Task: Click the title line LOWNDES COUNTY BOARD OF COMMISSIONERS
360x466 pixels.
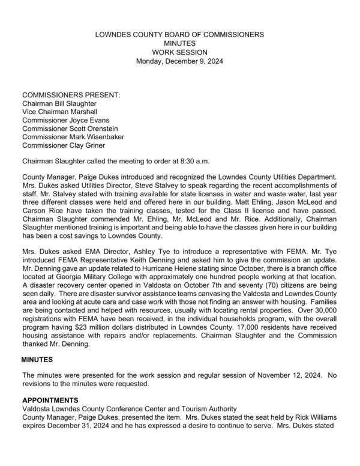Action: tap(179, 35)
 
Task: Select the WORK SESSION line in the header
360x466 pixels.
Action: tap(179, 52)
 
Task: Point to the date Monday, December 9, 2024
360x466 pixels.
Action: tap(179, 61)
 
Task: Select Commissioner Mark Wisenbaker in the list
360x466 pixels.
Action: tap(74, 137)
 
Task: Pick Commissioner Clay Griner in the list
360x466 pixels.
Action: tap(65, 145)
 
